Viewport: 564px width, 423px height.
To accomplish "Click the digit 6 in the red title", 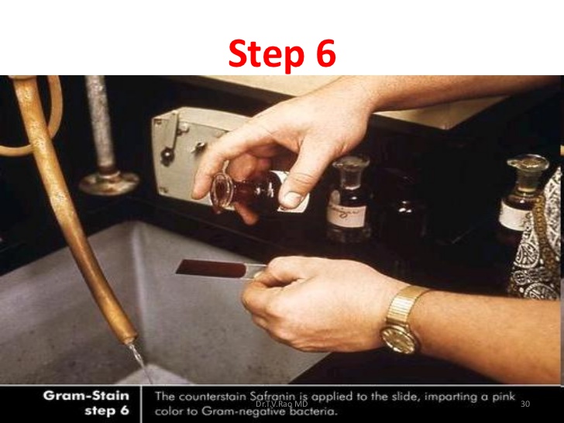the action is coord(326,53).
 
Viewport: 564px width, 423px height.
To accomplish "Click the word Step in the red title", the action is coord(267,55).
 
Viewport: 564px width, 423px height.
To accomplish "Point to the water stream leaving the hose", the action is coord(141,362).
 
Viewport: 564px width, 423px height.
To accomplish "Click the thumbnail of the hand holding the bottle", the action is coord(292,199).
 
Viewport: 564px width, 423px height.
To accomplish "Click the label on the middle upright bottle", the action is coord(347,215).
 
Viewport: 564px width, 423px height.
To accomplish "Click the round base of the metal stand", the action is coord(108,183).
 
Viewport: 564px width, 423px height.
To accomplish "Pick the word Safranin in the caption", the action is coord(274,397).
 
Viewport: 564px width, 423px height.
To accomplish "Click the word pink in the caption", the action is coord(502,397).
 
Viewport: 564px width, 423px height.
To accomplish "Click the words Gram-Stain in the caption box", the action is coord(86,396).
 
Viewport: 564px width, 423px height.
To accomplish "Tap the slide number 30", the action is coord(525,404).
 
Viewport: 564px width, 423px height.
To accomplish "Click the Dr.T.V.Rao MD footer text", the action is coord(282,404).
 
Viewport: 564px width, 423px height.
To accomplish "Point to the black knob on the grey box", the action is coord(167,156).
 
